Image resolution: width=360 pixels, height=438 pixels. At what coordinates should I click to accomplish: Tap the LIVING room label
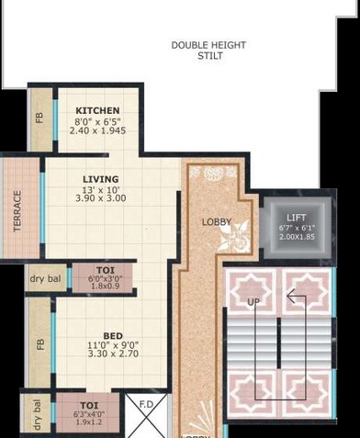[x=100, y=179]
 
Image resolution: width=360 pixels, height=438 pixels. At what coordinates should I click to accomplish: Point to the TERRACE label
[x=17, y=210]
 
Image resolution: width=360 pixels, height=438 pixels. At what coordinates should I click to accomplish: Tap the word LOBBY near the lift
[x=217, y=221]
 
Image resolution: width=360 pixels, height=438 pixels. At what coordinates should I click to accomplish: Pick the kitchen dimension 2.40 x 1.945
[x=97, y=130]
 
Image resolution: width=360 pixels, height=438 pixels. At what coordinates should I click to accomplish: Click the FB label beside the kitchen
[x=39, y=117]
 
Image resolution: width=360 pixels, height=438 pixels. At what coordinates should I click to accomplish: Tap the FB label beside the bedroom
[x=39, y=344]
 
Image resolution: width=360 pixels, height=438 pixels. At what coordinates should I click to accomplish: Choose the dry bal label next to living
[x=45, y=278]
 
